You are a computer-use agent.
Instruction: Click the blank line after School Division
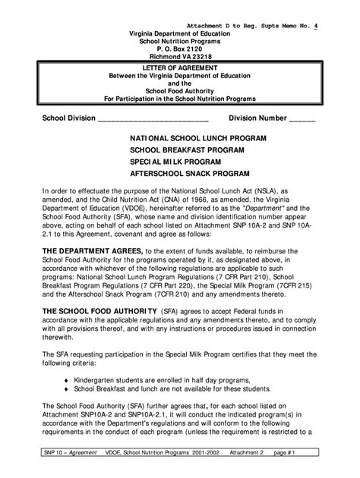pos(153,120)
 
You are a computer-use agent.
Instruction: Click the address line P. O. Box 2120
pos(180,47)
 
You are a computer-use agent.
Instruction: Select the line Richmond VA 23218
pos(180,55)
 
